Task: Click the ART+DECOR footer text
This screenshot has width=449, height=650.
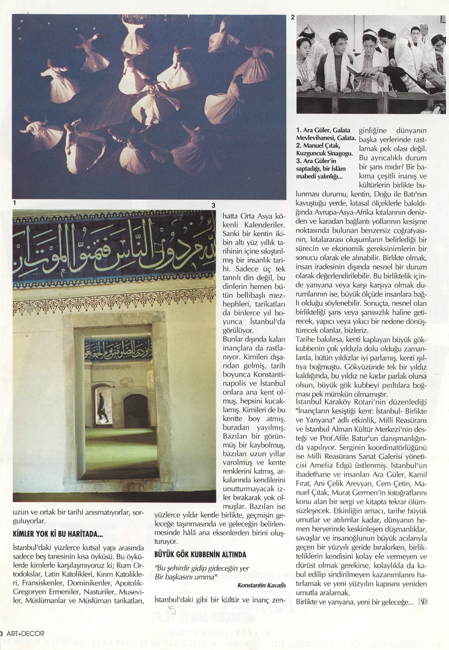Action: pos(25,633)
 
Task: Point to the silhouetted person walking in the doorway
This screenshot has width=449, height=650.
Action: pos(103,407)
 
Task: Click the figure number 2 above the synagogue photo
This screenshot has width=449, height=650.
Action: pos(293,18)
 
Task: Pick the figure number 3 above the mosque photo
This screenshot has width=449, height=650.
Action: pos(212,205)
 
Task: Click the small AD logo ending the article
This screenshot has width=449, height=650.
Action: pos(423,602)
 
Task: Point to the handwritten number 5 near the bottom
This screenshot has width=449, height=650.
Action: pos(172,611)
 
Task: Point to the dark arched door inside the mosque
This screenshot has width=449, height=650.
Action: pos(136,411)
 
